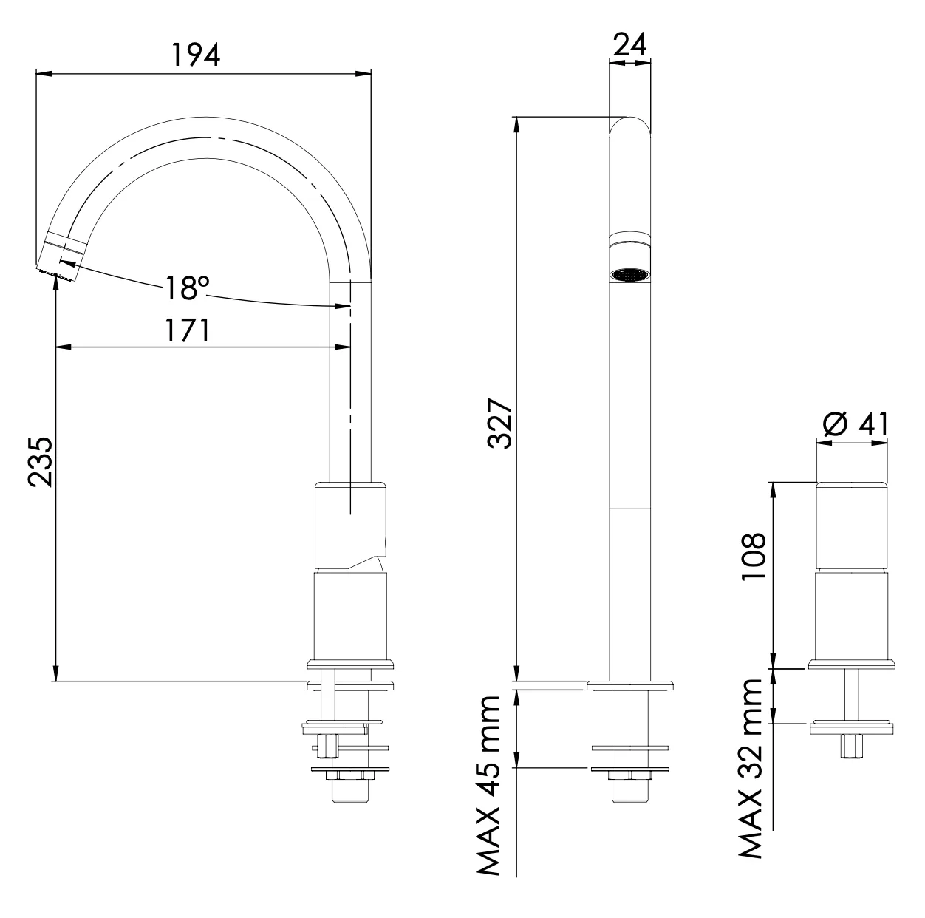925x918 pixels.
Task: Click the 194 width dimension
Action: point(196,55)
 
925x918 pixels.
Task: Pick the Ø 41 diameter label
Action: point(854,426)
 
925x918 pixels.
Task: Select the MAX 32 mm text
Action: point(751,769)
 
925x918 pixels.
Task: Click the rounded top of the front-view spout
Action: point(629,126)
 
